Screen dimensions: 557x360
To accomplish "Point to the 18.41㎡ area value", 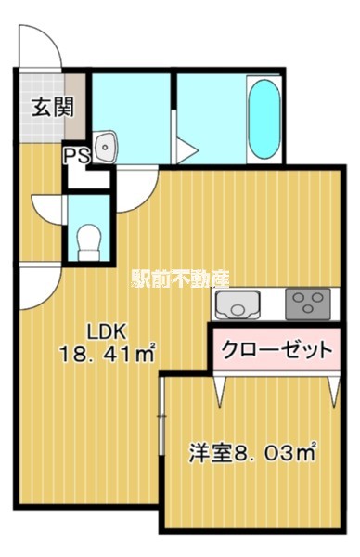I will (107, 353).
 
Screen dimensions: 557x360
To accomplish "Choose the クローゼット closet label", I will (276, 350).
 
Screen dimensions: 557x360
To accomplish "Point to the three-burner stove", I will (307, 303).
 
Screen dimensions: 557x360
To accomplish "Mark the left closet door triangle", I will (221, 390).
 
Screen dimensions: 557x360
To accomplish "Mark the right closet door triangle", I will (330, 390).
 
